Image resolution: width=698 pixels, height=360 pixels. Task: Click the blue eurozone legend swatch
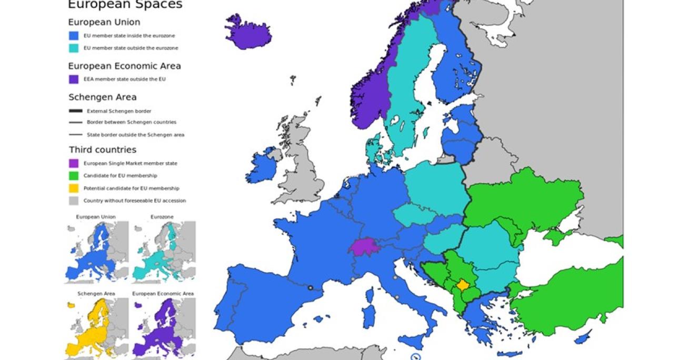(74, 36)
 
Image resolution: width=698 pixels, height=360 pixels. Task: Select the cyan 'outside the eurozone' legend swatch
(74, 48)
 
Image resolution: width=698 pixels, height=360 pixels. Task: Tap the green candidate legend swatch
(74, 176)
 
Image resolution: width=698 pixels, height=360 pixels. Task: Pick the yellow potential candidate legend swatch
(74, 188)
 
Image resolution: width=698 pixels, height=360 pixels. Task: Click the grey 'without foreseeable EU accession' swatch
(74, 201)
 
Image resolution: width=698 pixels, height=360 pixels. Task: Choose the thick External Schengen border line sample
(76, 111)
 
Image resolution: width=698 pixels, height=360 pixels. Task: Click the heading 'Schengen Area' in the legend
(102, 97)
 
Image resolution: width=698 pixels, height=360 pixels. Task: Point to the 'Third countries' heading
(102, 150)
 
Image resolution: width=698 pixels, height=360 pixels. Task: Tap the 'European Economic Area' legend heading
(124, 66)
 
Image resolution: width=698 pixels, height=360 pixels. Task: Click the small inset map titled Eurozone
(164, 252)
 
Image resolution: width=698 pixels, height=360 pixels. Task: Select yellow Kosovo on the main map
(463, 285)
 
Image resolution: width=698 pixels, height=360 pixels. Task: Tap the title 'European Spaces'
(125, 5)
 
